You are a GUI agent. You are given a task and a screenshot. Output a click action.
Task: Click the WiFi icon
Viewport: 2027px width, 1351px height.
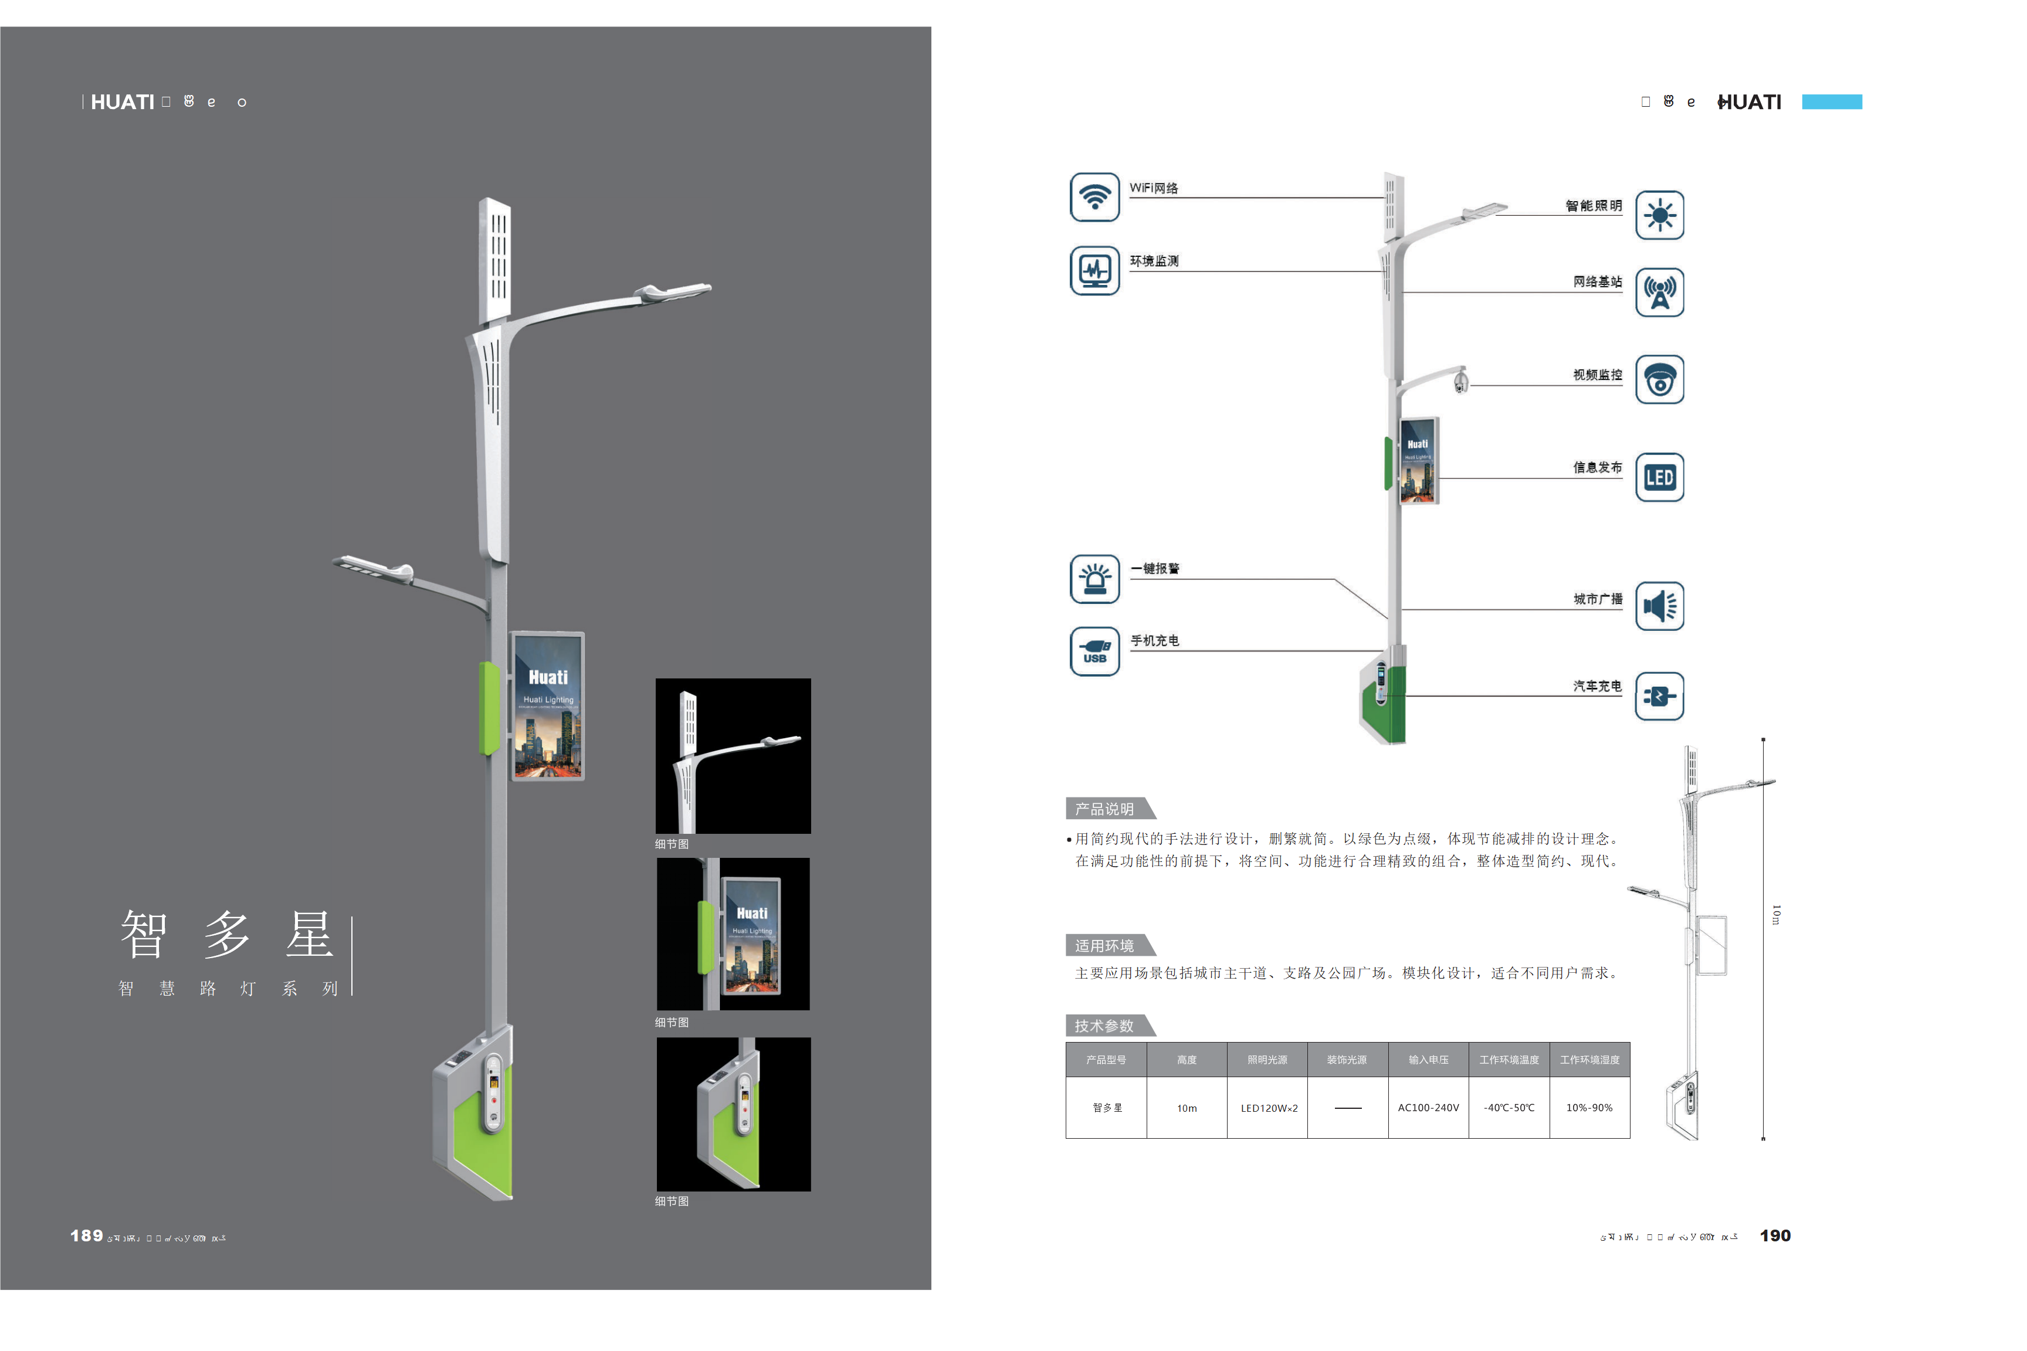point(1094,196)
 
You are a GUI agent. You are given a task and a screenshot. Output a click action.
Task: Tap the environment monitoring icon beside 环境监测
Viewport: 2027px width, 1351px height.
point(1094,270)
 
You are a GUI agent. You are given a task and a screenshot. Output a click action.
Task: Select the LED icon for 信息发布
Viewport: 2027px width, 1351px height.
point(1659,477)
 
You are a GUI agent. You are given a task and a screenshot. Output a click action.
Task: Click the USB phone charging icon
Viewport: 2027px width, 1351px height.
point(1094,651)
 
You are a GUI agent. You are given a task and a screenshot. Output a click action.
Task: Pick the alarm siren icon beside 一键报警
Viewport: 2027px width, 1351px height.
point(1094,579)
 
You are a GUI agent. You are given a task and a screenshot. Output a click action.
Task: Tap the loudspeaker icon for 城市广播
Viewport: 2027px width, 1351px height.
point(1659,606)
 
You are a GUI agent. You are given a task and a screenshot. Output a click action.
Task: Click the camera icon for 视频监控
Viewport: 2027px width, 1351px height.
point(1659,380)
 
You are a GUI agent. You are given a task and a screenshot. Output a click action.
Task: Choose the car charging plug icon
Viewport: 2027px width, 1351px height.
point(1659,696)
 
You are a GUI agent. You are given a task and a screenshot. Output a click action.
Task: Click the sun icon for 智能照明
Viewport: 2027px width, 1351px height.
point(1659,215)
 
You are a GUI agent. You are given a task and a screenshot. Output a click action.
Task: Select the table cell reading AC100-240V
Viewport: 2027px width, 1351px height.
point(1428,1108)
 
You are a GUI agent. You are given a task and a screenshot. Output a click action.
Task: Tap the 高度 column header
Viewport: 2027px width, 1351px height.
point(1187,1060)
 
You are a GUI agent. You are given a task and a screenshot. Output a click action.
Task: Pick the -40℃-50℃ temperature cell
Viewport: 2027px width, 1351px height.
point(1509,1108)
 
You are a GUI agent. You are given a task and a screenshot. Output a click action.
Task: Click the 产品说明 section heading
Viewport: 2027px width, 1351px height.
point(1105,809)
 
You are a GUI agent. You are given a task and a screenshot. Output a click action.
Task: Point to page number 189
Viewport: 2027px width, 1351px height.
point(86,1235)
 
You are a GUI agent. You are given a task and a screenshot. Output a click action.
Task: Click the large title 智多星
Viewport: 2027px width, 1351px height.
point(226,934)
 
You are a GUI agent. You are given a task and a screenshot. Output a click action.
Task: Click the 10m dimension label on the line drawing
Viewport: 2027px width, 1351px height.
point(1776,914)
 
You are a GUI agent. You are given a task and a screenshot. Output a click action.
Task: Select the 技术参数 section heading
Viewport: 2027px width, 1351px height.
point(1105,1026)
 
